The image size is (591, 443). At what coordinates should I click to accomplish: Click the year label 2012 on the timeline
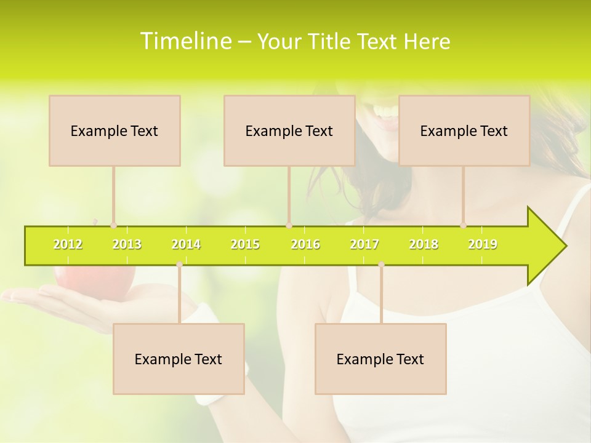pyautogui.click(x=68, y=245)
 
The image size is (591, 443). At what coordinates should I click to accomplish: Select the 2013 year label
pyautogui.click(x=127, y=245)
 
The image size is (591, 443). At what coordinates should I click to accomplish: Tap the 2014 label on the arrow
pyautogui.click(x=186, y=245)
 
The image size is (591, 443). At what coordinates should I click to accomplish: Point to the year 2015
pyautogui.click(x=245, y=245)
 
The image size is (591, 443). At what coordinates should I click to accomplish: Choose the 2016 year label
pyautogui.click(x=305, y=245)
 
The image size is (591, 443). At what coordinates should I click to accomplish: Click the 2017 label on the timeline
pyautogui.click(x=364, y=245)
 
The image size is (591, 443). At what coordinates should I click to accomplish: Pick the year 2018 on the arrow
pyautogui.click(x=424, y=245)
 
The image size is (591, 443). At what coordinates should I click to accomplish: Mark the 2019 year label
pyautogui.click(x=483, y=245)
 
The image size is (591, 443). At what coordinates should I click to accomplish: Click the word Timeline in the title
pyautogui.click(x=185, y=41)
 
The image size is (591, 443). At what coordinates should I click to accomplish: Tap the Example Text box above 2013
pyautogui.click(x=115, y=130)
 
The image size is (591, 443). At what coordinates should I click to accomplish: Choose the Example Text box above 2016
pyautogui.click(x=289, y=130)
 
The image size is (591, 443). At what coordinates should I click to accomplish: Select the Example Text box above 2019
pyautogui.click(x=464, y=130)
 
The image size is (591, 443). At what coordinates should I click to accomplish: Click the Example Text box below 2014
pyautogui.click(x=179, y=359)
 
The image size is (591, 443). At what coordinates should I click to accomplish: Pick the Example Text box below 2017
pyautogui.click(x=380, y=359)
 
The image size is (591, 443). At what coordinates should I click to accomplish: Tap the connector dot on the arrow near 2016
pyautogui.click(x=289, y=226)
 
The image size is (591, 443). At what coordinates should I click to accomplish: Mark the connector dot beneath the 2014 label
pyautogui.click(x=179, y=265)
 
